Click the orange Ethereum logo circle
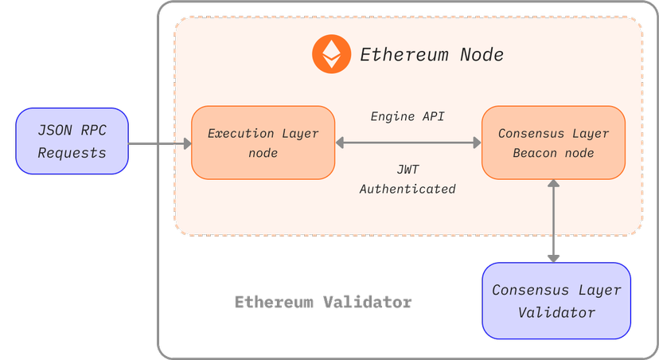coord(332,54)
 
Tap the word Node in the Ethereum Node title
coord(482,55)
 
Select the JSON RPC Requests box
coord(72,142)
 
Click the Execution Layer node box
coord(263,143)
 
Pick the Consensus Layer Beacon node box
coord(553,143)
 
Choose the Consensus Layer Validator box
coord(556,300)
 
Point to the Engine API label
coord(407,116)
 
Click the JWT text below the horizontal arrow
coord(407,170)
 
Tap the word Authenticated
coord(407,189)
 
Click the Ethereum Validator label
coord(323,303)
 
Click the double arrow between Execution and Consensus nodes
coord(408,143)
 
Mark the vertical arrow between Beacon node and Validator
coord(553,221)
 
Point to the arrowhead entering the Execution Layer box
coord(187,143)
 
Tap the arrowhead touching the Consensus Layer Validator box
coord(553,256)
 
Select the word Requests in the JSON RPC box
coord(72,152)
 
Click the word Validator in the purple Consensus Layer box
coord(556,312)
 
